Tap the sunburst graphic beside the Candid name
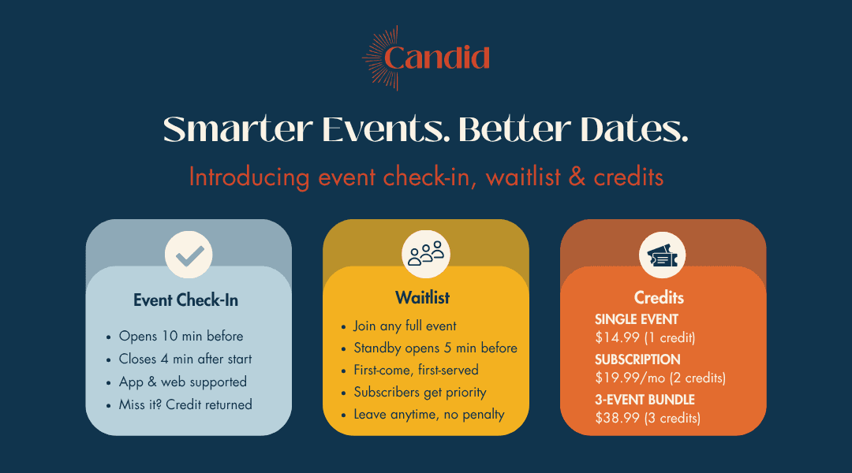pyautogui.click(x=379, y=58)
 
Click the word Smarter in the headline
pyautogui.click(x=238, y=130)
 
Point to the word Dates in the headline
pyautogui.click(x=633, y=130)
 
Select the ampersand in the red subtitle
pyautogui.click(x=577, y=177)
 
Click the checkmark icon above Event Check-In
pyautogui.click(x=189, y=255)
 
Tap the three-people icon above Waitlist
pyautogui.click(x=426, y=254)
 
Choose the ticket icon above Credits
pyautogui.click(x=663, y=255)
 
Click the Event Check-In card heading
pyautogui.click(x=186, y=300)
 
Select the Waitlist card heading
pyautogui.click(x=422, y=297)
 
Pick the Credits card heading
pyautogui.click(x=659, y=297)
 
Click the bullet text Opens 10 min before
pyautogui.click(x=181, y=336)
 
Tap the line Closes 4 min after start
pyautogui.click(x=185, y=359)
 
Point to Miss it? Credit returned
pyautogui.click(x=185, y=404)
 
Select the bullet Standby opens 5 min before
pyautogui.click(x=435, y=348)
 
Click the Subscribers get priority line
pyautogui.click(x=420, y=393)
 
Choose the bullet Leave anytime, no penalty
pyautogui.click(x=429, y=415)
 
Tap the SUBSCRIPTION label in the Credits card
pyautogui.click(x=637, y=359)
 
